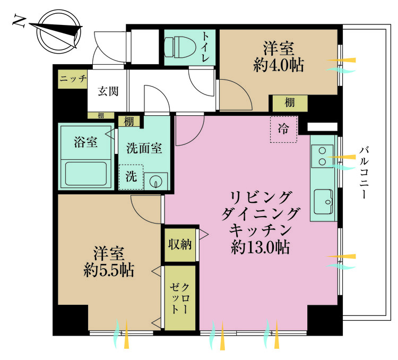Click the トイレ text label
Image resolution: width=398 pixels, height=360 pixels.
coord(206,47)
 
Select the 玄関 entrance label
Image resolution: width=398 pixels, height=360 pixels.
coord(108,91)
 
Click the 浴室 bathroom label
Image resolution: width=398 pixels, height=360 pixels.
coord(85,142)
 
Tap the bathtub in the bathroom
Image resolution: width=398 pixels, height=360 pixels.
coord(85,173)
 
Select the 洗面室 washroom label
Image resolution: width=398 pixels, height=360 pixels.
coord(144,149)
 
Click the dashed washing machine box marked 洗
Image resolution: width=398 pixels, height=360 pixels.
coord(131,177)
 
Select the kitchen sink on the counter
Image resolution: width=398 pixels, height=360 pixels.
coord(323,200)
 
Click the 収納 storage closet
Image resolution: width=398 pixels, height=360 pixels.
coord(180,245)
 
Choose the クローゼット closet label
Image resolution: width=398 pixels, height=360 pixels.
coord(180,298)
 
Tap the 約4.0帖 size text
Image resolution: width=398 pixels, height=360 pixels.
coord(279,66)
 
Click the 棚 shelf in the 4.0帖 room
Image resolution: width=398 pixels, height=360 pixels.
coord(289,103)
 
